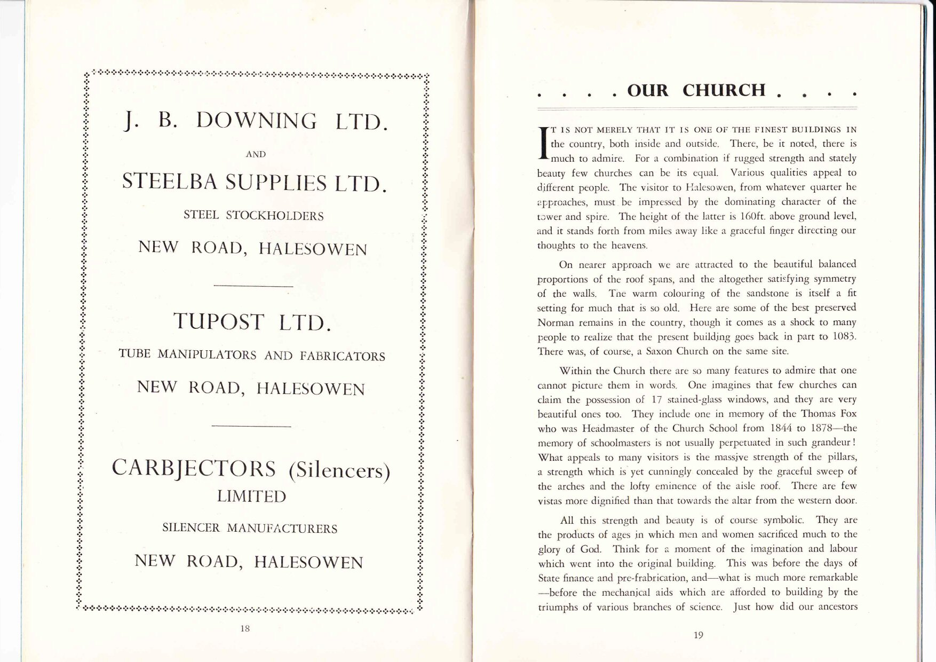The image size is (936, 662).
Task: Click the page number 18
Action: coord(245,628)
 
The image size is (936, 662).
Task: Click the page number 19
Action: coord(699,635)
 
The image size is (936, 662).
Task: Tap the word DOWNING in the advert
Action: coord(257,122)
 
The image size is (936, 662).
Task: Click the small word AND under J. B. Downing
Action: coord(256,154)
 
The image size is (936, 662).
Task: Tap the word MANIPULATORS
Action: coord(206,355)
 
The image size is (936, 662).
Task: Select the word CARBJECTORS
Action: coord(194,468)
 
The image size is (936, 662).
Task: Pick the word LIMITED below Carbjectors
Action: coord(251,496)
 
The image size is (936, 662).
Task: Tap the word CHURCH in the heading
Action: coord(724,90)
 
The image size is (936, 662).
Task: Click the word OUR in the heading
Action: coord(648,90)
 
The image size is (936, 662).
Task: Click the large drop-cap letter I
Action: coord(544,143)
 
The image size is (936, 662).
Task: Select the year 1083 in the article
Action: coord(844,337)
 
